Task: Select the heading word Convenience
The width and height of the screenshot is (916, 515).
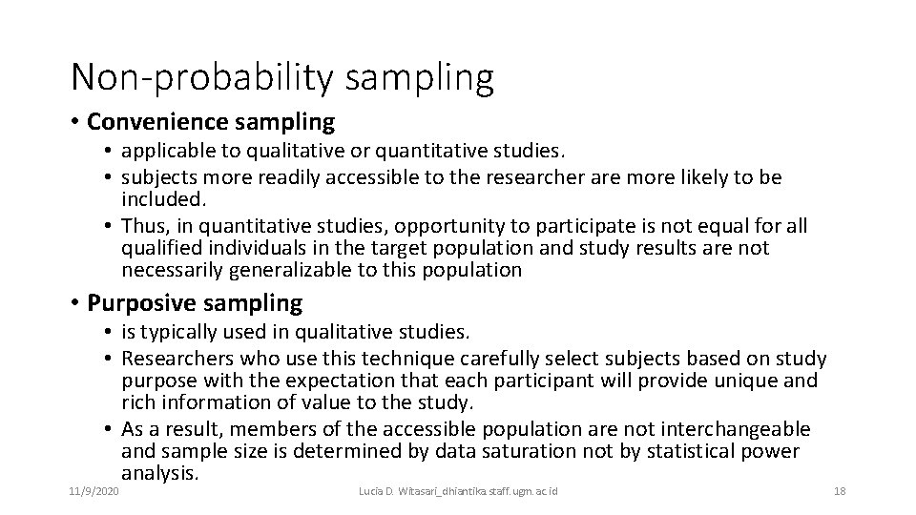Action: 155,122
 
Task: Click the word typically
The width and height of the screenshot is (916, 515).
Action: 177,332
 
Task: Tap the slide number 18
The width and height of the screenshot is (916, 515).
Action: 840,490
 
